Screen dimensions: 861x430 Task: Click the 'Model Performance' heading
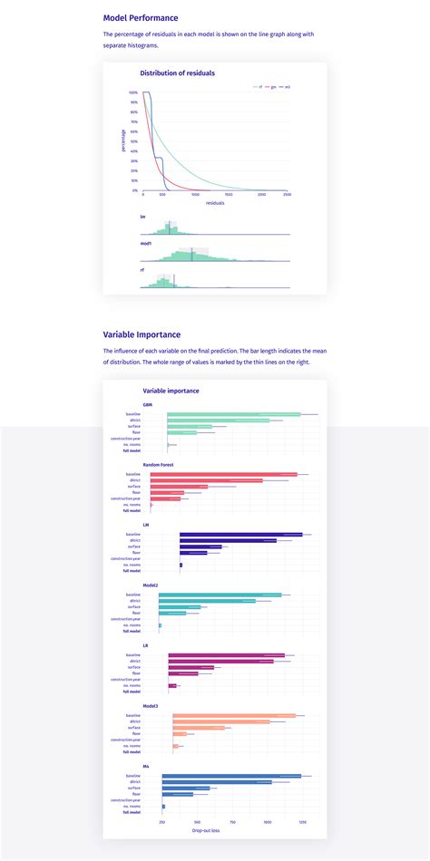[141, 17]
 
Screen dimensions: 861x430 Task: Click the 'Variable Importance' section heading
[142, 334]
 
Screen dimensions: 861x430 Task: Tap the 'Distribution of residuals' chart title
[177, 73]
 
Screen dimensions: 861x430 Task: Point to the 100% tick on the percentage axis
[133, 92]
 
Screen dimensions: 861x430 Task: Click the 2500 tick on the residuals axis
[287, 195]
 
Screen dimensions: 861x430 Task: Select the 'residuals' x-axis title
[215, 203]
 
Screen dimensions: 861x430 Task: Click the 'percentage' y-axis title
[124, 140]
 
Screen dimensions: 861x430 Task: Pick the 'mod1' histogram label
[146, 243]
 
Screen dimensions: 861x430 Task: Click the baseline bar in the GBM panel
[233, 414]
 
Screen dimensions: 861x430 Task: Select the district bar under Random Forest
[206, 480]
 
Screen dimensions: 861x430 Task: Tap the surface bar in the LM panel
[200, 547]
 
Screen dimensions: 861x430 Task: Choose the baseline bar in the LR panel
[226, 655]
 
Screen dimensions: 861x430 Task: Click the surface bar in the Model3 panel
[199, 728]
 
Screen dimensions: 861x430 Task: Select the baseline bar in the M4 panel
[231, 776]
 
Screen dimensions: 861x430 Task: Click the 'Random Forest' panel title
[158, 464]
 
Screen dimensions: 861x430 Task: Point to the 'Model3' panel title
[151, 705]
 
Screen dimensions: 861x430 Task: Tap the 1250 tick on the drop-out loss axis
[303, 822]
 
